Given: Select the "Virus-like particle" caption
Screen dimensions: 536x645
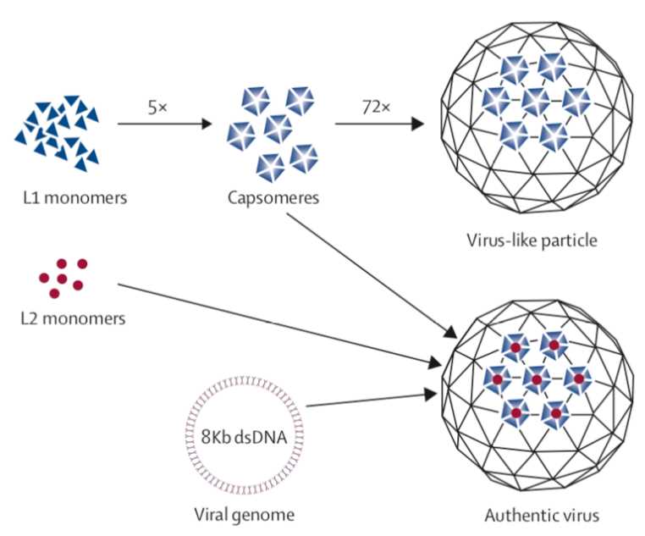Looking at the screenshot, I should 532,240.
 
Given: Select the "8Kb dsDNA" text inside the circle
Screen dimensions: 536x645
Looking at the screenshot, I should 245,439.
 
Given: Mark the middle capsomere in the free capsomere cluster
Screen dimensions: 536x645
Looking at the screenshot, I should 278,127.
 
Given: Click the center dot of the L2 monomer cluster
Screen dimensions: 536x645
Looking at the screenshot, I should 63,279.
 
